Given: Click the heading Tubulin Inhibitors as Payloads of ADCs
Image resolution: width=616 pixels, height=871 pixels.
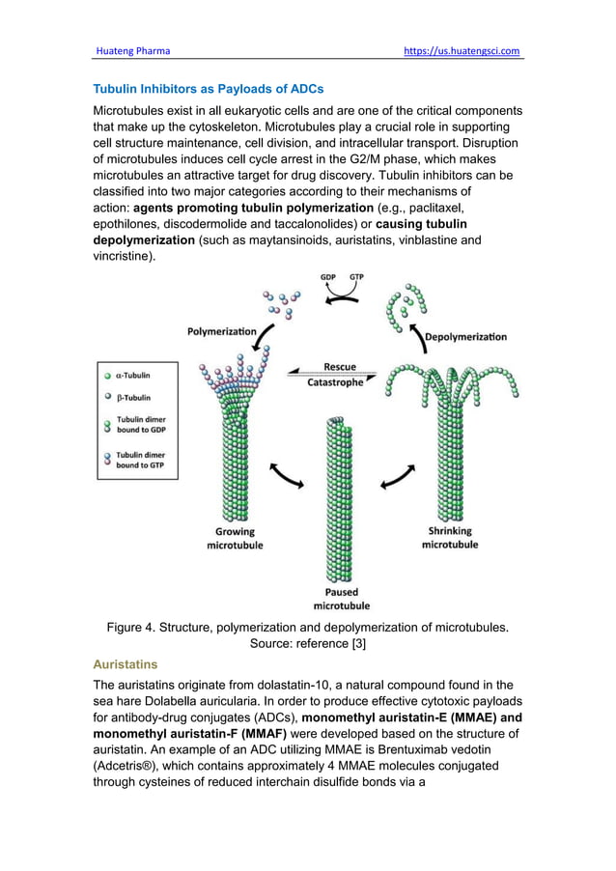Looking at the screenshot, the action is (x=208, y=89).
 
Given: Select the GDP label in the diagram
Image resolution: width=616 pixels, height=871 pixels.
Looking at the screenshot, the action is (x=328, y=277).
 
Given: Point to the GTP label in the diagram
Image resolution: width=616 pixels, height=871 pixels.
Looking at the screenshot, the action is (x=357, y=277).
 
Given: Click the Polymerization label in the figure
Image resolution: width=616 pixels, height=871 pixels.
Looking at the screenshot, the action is (x=221, y=331).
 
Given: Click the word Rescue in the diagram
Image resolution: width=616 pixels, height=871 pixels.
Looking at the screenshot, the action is (x=339, y=367).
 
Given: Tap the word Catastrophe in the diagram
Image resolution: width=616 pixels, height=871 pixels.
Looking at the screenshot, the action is (x=335, y=382).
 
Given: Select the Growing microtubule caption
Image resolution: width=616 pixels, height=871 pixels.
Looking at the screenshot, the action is (x=235, y=538).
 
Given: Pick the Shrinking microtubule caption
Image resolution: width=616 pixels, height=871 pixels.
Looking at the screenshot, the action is (x=450, y=537).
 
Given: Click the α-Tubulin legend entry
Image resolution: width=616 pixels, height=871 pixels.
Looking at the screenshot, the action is (x=132, y=376).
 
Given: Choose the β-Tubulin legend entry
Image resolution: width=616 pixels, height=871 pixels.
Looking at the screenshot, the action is (x=132, y=397).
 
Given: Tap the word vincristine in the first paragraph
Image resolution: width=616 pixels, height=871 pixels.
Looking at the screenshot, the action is (x=123, y=257).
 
